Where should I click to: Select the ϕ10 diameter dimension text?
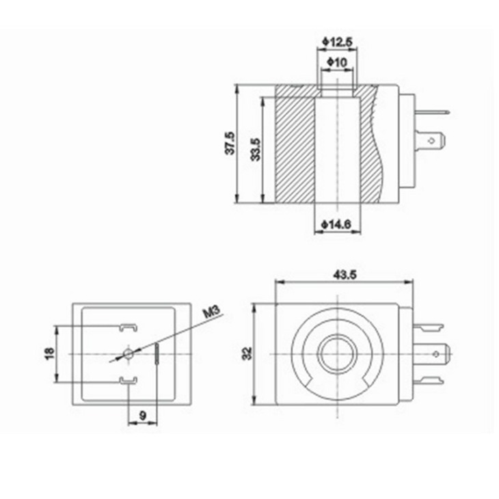coord(337,62)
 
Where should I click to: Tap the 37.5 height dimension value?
coord(230,143)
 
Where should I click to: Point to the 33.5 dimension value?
coord(255,148)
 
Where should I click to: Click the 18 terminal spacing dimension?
coord(49,353)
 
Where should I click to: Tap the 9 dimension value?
coord(142,414)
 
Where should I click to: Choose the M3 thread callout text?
coord(212,314)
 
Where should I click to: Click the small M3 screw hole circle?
coord(128,353)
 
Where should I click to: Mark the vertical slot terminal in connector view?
coord(157,354)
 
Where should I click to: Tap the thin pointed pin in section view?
coord(435,112)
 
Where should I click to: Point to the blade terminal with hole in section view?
coord(434,142)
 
